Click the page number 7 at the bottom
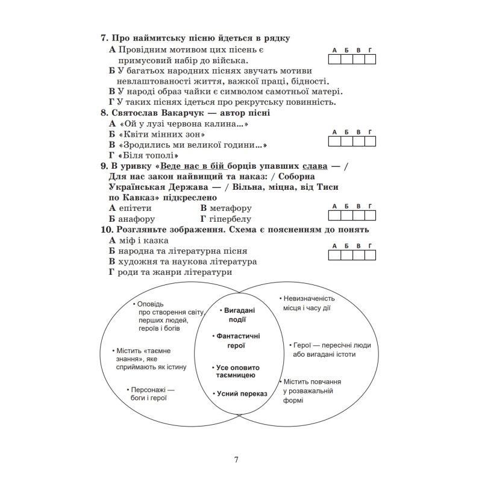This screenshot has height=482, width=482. click(236, 460)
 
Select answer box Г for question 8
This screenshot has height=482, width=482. click(370, 141)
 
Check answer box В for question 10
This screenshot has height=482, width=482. click(358, 255)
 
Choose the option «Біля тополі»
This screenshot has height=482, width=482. click(145, 156)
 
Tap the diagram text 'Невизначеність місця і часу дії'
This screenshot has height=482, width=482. click(308, 303)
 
